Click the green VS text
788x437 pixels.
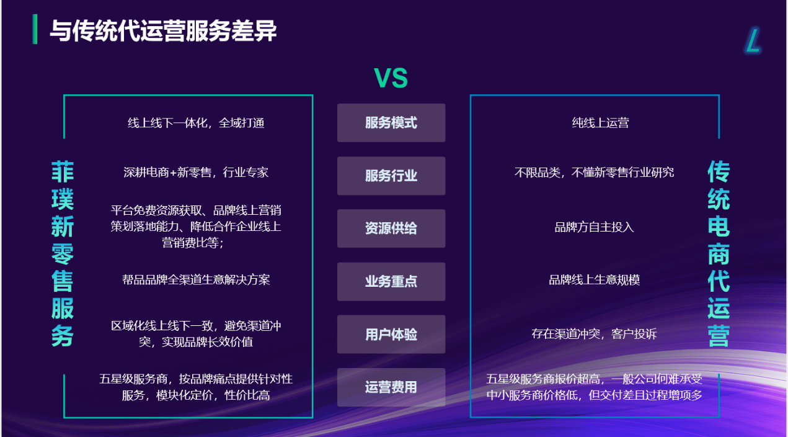[x=391, y=78]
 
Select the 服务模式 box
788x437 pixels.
[x=391, y=123]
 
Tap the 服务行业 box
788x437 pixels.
[x=391, y=176]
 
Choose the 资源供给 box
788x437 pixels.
[x=391, y=228]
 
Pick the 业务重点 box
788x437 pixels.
[x=391, y=281]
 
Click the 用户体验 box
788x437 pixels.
[x=391, y=334]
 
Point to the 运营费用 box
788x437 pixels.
[x=391, y=387]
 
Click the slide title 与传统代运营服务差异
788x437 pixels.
[x=163, y=30]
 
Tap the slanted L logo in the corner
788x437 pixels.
[x=753, y=40]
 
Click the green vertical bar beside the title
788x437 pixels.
[x=35, y=29]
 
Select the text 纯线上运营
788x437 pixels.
[x=600, y=123]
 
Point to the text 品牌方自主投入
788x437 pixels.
[x=594, y=227]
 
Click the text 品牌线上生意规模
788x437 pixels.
[x=594, y=280]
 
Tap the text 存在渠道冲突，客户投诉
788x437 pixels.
[x=594, y=334]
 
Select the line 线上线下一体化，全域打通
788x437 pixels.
[x=196, y=123]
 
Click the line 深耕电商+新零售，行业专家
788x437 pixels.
[x=196, y=173]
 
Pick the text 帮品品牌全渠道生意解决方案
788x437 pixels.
[x=196, y=280]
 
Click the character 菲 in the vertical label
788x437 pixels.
[x=63, y=172]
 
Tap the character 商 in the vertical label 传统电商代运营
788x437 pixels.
[x=719, y=254]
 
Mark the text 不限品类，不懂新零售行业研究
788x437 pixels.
[x=594, y=173]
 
